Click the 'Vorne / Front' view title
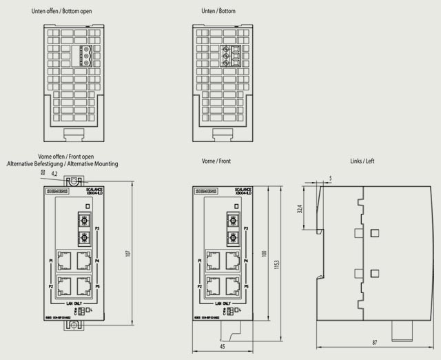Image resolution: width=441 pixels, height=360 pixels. tap(216, 161)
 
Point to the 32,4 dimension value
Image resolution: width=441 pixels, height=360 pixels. tap(300, 209)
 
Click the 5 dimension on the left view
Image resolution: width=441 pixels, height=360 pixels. tap(330, 179)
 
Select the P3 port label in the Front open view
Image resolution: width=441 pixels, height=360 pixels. tap(97, 228)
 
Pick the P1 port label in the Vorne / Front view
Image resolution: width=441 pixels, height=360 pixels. tap(199, 261)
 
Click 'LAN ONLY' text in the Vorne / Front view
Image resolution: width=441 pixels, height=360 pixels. tap(222, 303)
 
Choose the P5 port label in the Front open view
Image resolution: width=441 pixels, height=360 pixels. tap(97, 286)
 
